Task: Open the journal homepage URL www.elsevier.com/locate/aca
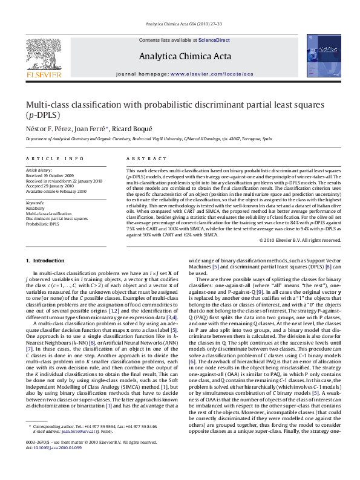coord(212,74)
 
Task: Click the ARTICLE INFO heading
coord(54,159)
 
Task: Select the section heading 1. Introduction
coord(45,261)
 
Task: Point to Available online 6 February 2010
coord(56,191)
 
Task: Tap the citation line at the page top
coord(179,24)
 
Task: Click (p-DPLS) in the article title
coord(43,114)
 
